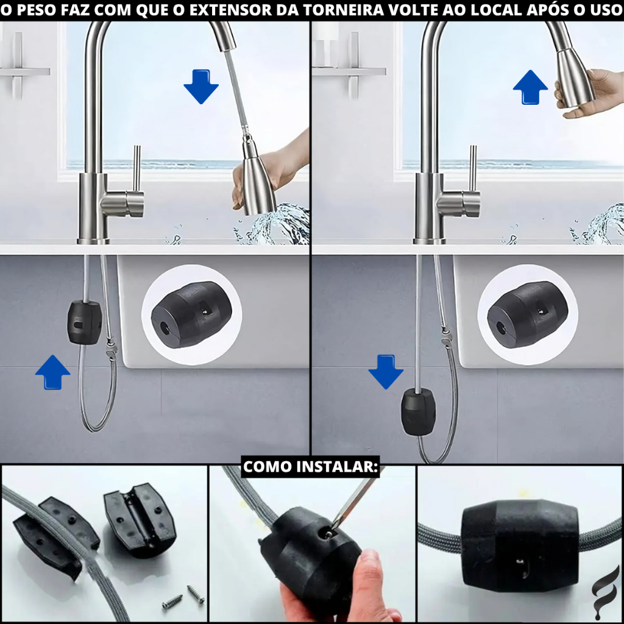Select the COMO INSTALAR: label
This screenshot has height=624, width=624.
(310, 466)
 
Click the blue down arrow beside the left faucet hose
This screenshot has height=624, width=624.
(201, 87)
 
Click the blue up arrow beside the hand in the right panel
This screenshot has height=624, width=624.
(530, 87)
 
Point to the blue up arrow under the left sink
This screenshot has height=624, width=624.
(52, 372)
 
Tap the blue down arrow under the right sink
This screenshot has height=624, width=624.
(386, 372)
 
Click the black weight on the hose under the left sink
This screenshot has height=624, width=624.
(84, 323)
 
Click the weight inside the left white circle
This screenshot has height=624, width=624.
(191, 315)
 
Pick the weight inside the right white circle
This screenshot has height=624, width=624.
(528, 315)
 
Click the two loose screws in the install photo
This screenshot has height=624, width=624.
(183, 597)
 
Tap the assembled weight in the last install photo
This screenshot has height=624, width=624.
(520, 545)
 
